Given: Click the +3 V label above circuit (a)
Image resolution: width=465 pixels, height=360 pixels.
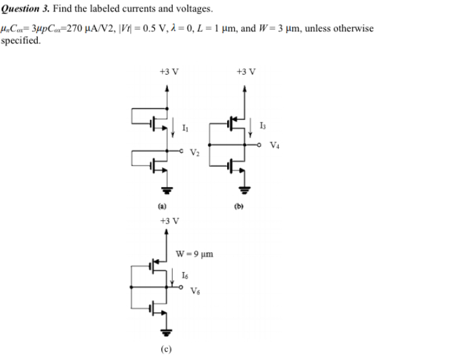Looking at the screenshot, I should [168, 71].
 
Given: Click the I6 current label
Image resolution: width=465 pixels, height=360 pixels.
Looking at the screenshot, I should [185, 276].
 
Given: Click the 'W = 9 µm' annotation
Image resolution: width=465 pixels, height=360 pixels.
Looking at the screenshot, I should [195, 255].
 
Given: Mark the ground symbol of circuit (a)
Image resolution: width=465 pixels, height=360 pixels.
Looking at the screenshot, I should [167, 189].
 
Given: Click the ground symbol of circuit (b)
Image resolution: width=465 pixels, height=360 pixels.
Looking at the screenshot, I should [243, 189].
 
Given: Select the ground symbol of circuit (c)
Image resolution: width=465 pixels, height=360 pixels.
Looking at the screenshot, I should [167, 331].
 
